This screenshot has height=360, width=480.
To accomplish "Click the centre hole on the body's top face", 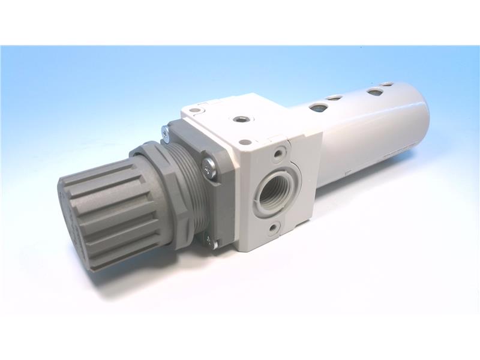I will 242,119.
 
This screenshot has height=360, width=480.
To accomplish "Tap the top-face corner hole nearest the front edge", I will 245,142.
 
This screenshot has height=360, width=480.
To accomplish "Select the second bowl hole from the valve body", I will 335,97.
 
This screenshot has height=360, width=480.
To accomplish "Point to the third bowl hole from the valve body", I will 375,92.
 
